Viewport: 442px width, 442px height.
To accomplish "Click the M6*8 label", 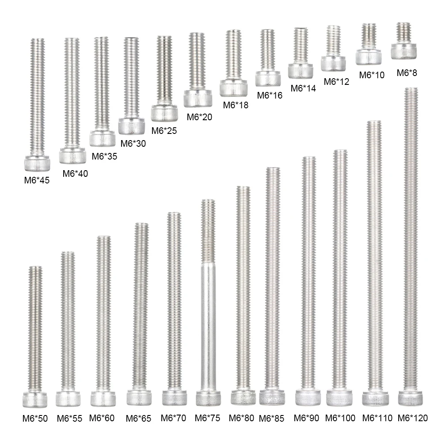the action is point(407,73).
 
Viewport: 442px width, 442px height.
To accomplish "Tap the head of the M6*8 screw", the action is point(404,51).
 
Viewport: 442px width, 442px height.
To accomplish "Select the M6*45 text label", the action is point(37,180).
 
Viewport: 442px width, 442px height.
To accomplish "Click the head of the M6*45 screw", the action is point(37,163).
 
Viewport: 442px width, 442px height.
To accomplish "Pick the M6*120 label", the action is point(413,418).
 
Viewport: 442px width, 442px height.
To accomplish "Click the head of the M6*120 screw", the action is point(411,398).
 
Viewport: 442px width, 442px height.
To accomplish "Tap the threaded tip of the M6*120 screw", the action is point(411,89).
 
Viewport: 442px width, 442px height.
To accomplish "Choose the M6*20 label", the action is point(199,117).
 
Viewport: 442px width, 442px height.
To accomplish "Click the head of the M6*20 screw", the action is point(198,99).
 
